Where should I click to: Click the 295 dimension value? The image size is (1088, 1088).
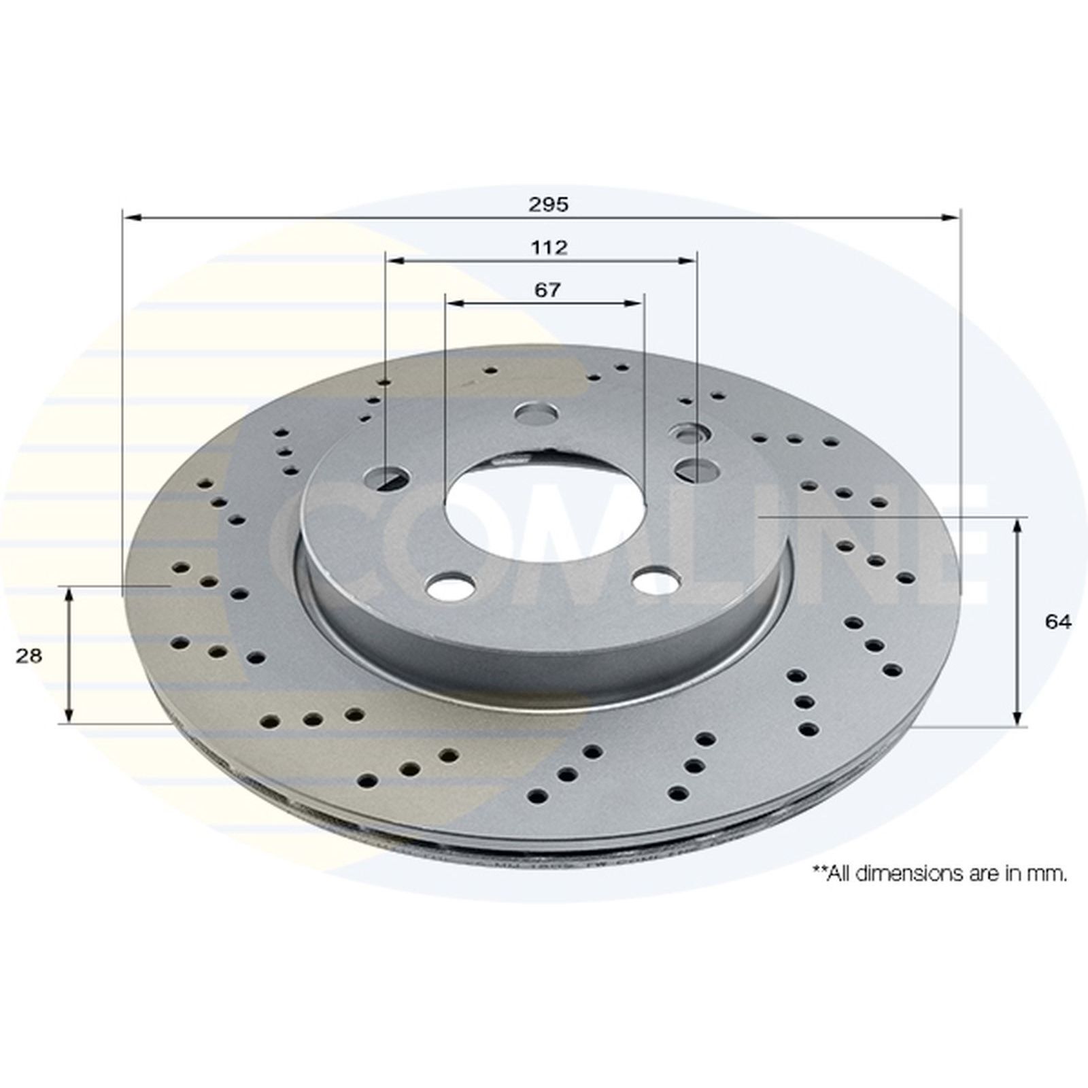[x=548, y=204]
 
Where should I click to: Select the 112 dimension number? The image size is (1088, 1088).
[x=549, y=247]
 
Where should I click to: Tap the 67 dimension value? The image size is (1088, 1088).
[x=547, y=290]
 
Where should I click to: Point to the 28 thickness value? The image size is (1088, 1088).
[x=29, y=656]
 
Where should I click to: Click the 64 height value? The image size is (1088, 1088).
[x=1058, y=622]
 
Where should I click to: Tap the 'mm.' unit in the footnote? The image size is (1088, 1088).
[x=1048, y=874]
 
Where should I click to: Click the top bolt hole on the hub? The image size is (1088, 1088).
[x=537, y=412]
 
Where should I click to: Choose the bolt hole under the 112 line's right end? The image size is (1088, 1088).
[x=697, y=469]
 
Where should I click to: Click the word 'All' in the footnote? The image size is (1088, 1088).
[x=838, y=874]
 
